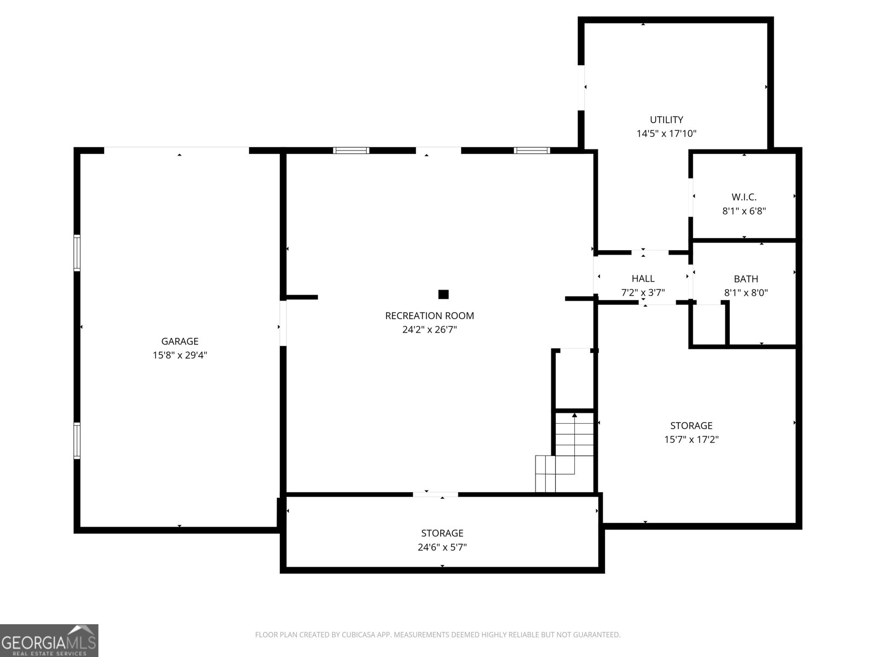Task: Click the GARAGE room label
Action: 180,341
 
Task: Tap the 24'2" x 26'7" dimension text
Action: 429,330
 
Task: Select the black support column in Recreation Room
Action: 443,295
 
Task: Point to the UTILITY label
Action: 666,119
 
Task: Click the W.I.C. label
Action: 744,197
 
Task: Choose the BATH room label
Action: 746,279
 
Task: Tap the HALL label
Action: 643,279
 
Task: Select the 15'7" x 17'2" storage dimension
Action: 691,439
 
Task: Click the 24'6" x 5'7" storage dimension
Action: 442,547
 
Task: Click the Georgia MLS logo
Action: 49,640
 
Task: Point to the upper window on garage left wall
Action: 77,252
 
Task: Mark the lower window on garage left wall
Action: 77,440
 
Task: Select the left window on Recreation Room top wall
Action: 351,151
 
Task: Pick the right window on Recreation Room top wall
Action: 531,151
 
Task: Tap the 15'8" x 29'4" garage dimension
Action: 180,355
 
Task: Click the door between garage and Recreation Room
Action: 283,323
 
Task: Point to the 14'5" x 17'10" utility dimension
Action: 666,133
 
